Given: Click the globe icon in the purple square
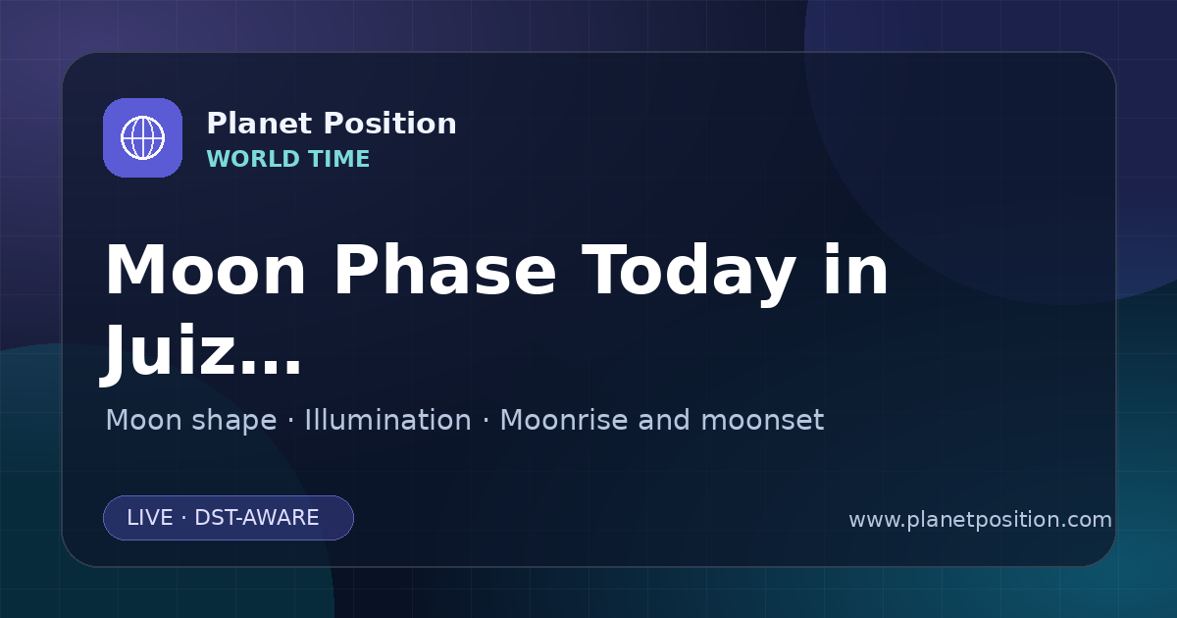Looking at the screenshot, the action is tap(142, 137).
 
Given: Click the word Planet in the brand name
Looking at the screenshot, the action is tap(260, 124).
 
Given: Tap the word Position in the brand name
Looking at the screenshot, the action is tap(390, 124).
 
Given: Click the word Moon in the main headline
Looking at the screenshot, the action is tap(205, 271).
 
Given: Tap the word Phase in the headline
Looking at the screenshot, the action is tap(444, 271).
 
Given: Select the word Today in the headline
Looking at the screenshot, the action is tap(689, 274).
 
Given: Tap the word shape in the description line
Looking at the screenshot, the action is tap(233, 421).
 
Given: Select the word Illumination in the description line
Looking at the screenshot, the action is tap(387, 420).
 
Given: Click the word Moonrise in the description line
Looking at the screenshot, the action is tap(563, 420).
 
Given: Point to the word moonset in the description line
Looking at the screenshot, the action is tap(762, 420).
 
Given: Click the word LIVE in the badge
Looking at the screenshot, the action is tap(150, 518).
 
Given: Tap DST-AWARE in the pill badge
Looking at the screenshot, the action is tap(256, 518).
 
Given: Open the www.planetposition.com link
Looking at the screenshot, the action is tap(981, 520).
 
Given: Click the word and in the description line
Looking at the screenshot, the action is tap(664, 420).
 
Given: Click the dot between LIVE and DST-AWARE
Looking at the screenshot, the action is tap(183, 518).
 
